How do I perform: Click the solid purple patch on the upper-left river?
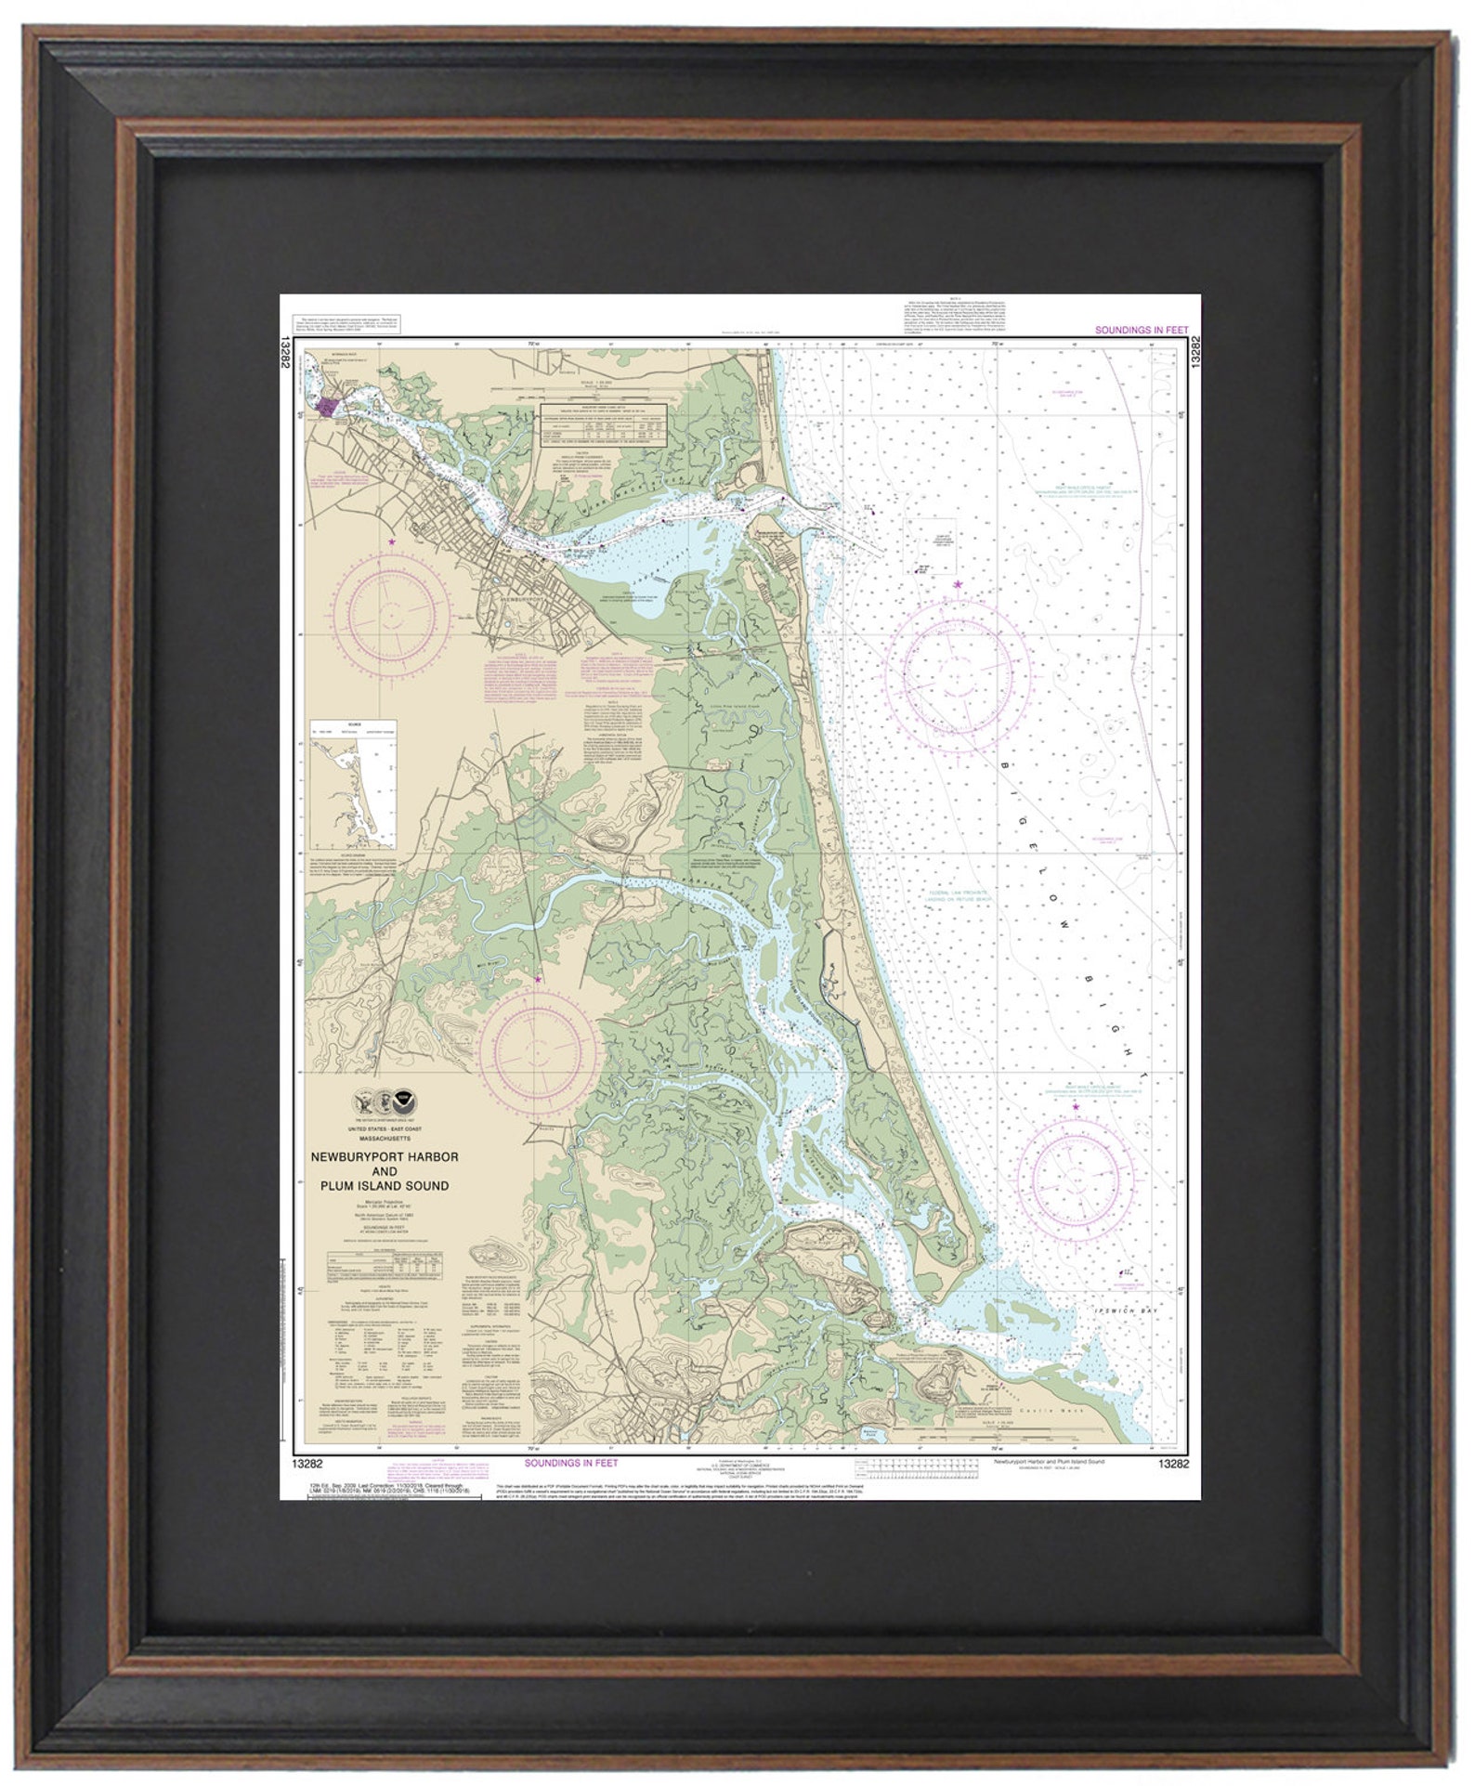[x=329, y=406]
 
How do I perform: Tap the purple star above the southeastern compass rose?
[x=1077, y=1107]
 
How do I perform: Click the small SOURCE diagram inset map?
[x=353, y=786]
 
